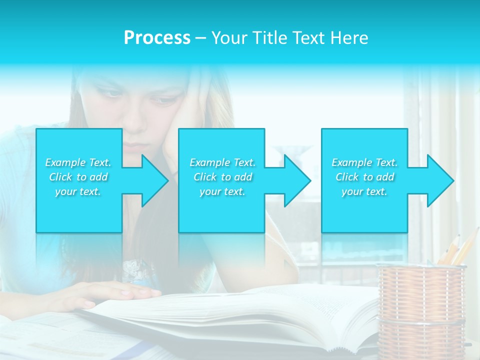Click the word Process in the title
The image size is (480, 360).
point(157,38)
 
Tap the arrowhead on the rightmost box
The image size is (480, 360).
point(439,180)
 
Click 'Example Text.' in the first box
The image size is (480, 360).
point(78,162)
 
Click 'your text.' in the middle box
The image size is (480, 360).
point(222,191)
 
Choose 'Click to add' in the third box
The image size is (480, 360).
point(364,177)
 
